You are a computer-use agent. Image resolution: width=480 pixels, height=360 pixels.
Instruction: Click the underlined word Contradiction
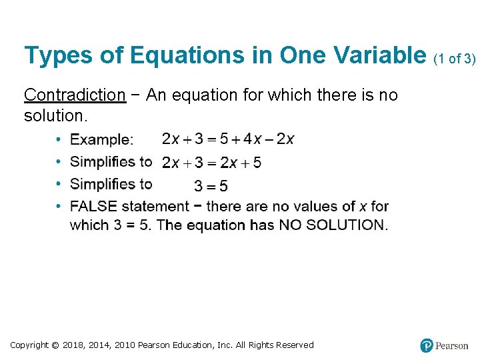click(x=74, y=95)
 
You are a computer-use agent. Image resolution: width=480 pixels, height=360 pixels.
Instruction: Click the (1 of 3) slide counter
click(x=455, y=59)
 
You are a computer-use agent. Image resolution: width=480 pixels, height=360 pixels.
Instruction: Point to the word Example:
click(x=101, y=140)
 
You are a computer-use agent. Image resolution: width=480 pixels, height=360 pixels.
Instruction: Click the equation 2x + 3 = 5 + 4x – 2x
click(x=228, y=139)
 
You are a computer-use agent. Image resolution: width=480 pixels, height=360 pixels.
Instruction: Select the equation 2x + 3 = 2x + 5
click(x=212, y=163)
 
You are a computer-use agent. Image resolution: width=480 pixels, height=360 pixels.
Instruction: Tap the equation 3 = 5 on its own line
click(x=211, y=186)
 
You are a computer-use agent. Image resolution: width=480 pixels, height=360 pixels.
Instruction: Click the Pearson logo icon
click(x=427, y=345)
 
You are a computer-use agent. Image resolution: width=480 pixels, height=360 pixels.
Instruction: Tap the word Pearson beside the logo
click(x=451, y=346)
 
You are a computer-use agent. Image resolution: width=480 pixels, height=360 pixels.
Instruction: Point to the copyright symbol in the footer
click(x=55, y=345)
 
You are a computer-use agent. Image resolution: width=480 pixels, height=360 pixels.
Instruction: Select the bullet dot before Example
click(x=59, y=140)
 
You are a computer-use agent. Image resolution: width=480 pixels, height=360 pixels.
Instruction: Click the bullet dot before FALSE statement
click(x=59, y=207)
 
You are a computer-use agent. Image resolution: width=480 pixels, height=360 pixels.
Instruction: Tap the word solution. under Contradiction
click(x=46, y=116)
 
